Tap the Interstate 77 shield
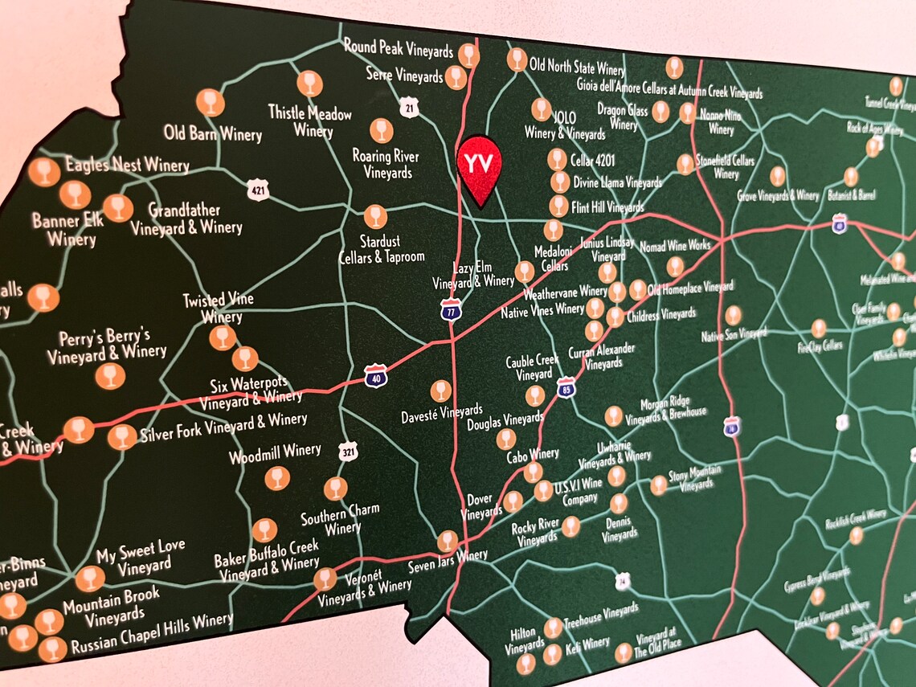coord(451,309)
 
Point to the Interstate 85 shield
coord(566,387)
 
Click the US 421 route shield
coord(258,189)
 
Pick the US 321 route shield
coord(347,452)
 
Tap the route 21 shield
coord(410,108)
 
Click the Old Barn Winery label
coord(213,133)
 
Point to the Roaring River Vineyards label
coord(386,164)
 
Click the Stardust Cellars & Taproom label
coord(382,248)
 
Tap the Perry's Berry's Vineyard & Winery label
coord(106,344)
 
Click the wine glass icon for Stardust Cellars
coord(375,216)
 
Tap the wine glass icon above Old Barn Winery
coord(211,102)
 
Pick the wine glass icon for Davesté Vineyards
coord(440,391)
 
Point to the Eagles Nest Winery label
coord(127,166)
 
